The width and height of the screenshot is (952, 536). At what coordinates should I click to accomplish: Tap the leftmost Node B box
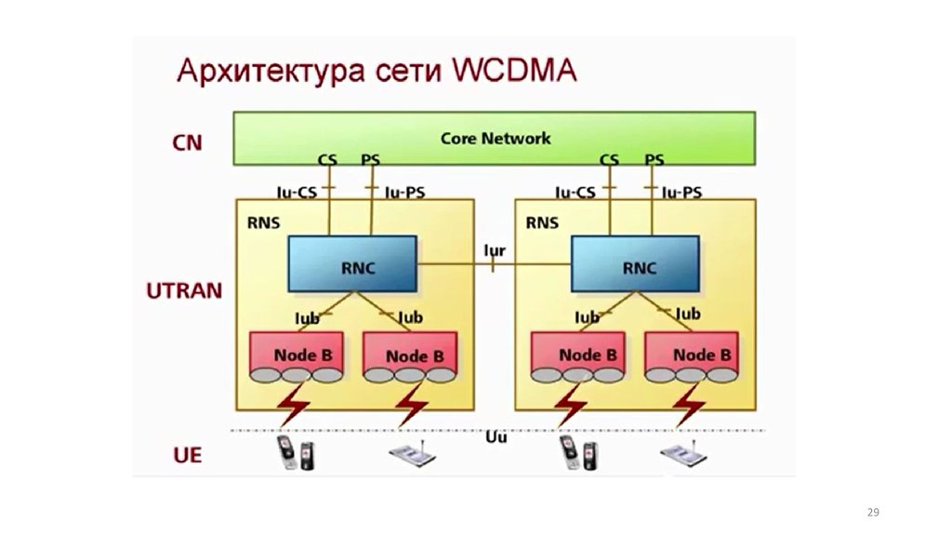[297, 355]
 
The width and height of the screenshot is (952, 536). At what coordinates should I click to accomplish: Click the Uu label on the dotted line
[496, 436]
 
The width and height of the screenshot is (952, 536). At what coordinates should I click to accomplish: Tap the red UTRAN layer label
[184, 289]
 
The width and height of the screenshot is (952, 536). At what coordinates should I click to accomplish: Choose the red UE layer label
[188, 456]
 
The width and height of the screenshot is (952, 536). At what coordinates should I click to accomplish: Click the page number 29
[872, 513]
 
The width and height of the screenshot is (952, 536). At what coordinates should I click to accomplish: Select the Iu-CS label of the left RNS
[297, 193]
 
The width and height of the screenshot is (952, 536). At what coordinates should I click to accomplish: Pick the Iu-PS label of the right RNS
[682, 193]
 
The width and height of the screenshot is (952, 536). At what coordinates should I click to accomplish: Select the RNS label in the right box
[542, 223]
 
